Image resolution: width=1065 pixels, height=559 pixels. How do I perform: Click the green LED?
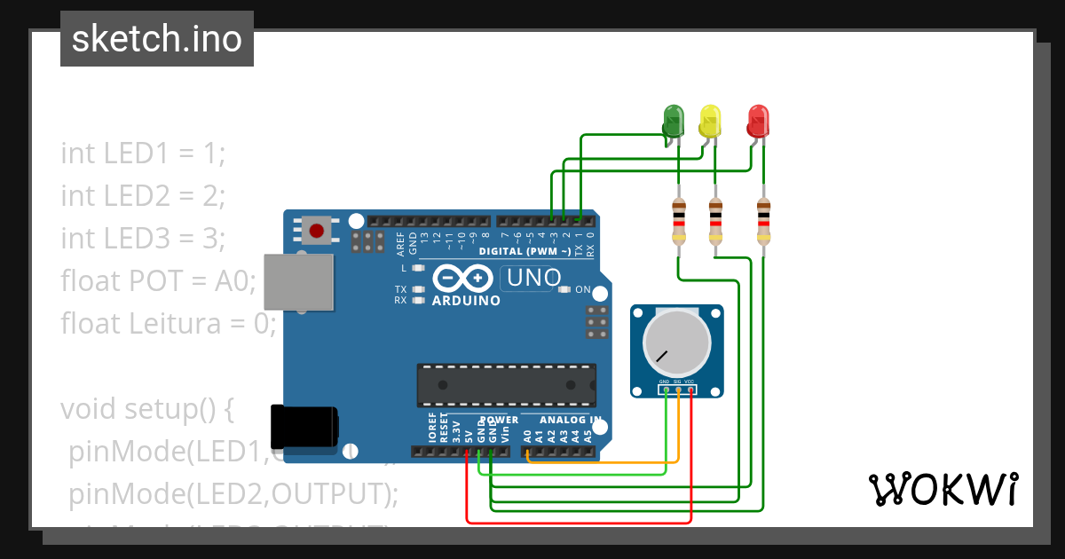674,120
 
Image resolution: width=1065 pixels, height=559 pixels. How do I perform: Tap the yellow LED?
710,120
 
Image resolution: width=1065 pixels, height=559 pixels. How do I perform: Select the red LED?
758,120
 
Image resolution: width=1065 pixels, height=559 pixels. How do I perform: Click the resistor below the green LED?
679,221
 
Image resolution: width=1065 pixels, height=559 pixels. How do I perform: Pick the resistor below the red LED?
763,221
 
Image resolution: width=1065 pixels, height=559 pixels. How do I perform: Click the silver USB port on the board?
299,282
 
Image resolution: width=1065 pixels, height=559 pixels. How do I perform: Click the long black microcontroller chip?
506,383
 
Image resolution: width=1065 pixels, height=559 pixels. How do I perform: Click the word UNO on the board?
532,279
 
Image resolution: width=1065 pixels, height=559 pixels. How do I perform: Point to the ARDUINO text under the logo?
466,301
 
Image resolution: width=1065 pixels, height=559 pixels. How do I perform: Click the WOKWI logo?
943,489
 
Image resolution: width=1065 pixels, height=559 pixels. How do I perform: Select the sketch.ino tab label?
157,39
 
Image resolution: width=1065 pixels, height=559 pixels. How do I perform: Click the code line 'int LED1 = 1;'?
144,153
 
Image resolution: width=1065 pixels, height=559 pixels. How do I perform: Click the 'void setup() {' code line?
146,409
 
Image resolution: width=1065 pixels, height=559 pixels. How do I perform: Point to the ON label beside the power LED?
583,289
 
